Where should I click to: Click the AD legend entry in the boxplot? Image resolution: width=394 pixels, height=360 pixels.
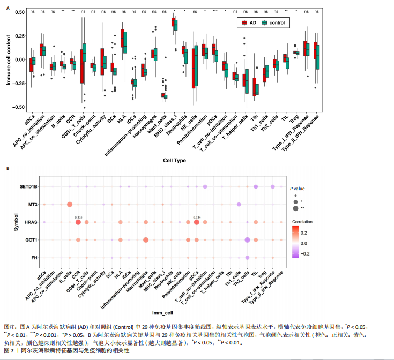pos(248,22)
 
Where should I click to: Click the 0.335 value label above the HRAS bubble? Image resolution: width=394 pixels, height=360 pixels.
pos(78,217)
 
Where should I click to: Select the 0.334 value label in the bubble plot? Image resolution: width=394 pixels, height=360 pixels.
pos(197,217)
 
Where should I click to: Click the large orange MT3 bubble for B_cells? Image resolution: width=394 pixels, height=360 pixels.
pos(69,205)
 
